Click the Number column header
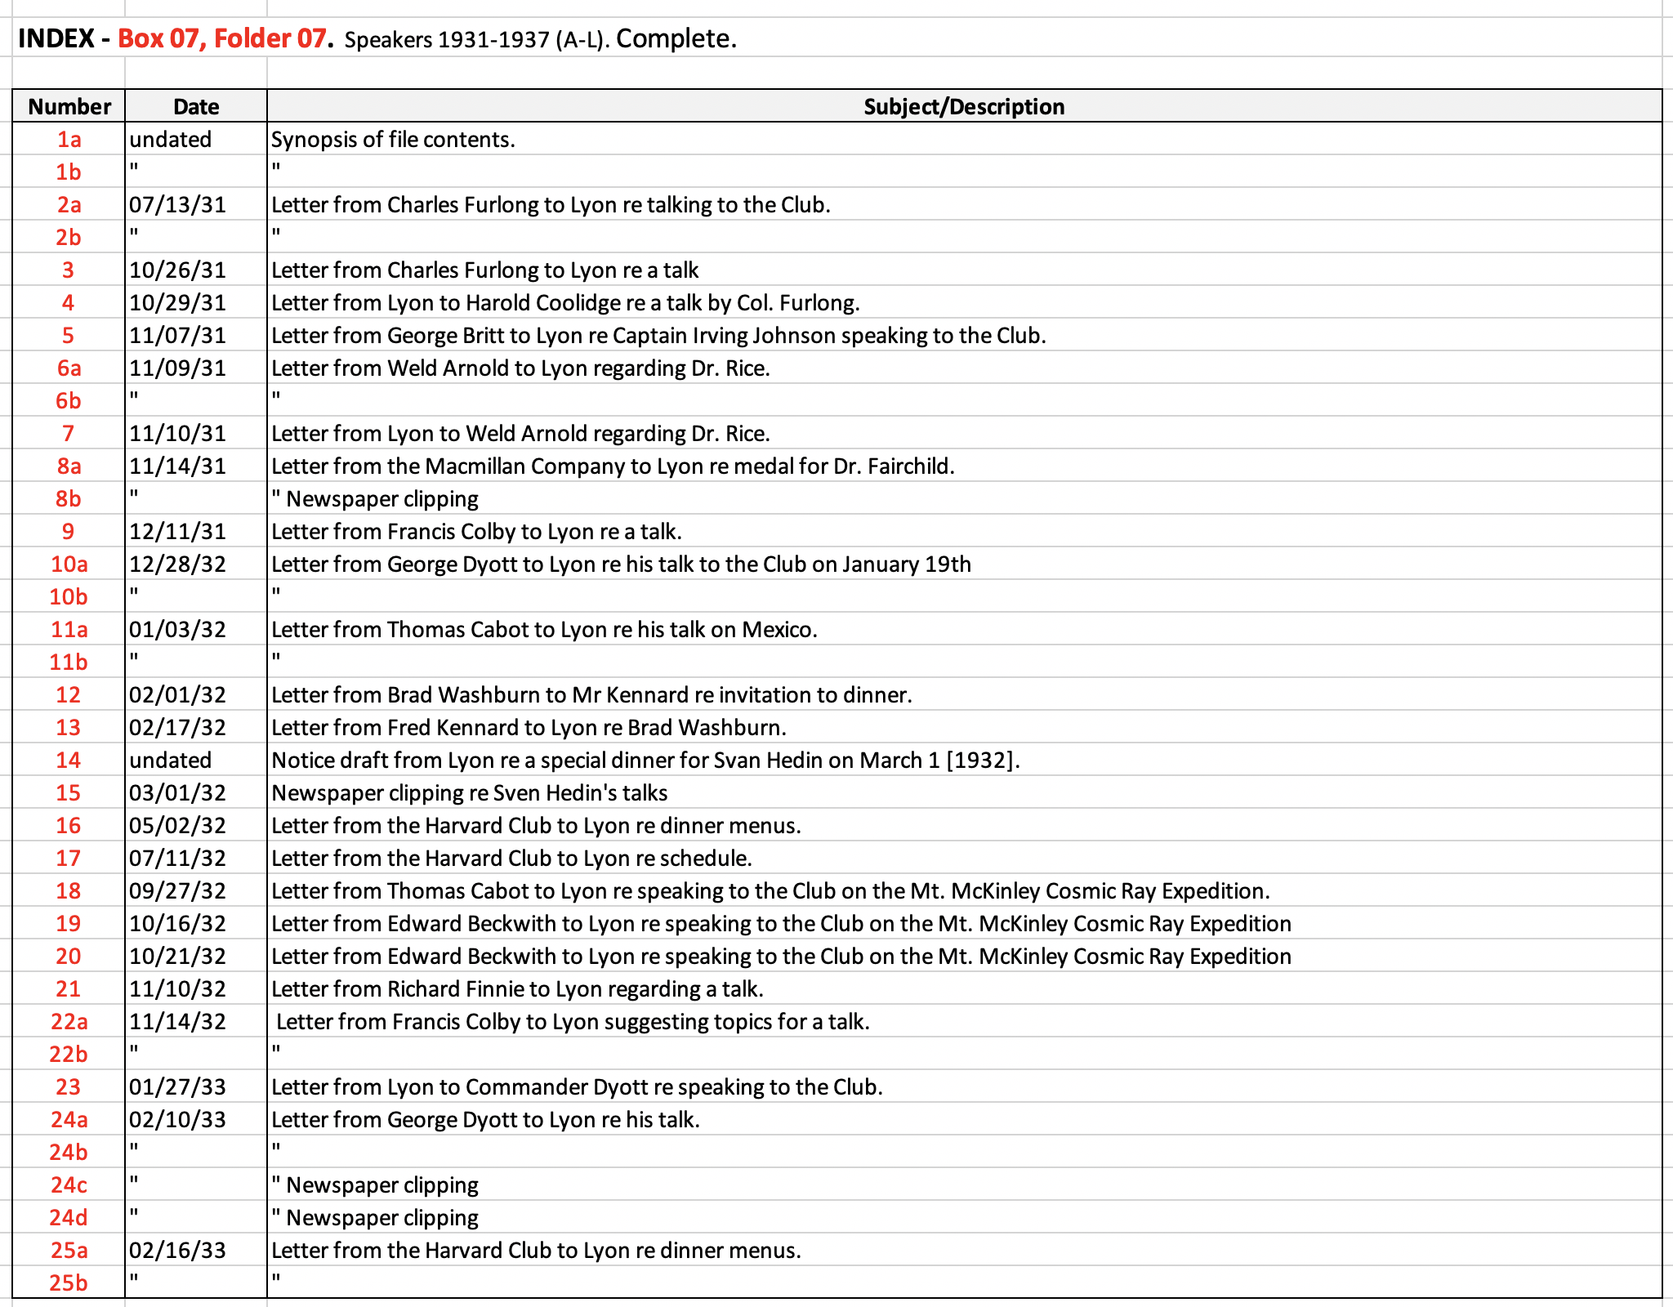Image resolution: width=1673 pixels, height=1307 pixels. (x=69, y=106)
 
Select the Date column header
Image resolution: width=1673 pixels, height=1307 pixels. (x=196, y=106)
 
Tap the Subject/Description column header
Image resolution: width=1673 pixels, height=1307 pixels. (x=964, y=106)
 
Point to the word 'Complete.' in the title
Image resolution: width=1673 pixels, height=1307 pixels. (x=676, y=38)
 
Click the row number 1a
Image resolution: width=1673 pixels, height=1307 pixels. (x=69, y=139)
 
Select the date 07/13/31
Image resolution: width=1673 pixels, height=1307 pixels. (x=177, y=204)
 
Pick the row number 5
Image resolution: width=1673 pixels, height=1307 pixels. (x=69, y=335)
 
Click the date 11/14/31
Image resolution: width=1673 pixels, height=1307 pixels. (x=177, y=466)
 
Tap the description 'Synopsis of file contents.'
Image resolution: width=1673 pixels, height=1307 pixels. (x=393, y=139)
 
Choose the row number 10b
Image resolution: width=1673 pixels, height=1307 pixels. (x=69, y=596)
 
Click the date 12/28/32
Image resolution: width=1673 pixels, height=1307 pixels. (x=177, y=564)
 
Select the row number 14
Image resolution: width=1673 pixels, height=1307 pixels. (x=69, y=760)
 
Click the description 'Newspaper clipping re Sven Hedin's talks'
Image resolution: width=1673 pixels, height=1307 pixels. (x=470, y=792)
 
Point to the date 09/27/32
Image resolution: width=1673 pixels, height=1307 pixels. (x=177, y=890)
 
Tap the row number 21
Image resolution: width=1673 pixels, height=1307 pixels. (x=69, y=988)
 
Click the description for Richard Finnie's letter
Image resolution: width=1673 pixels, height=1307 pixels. (x=517, y=988)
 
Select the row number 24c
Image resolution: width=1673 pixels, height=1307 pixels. (x=69, y=1184)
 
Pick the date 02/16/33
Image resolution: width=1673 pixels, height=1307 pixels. (x=177, y=1250)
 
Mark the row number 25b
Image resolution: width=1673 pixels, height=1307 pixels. (x=69, y=1282)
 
